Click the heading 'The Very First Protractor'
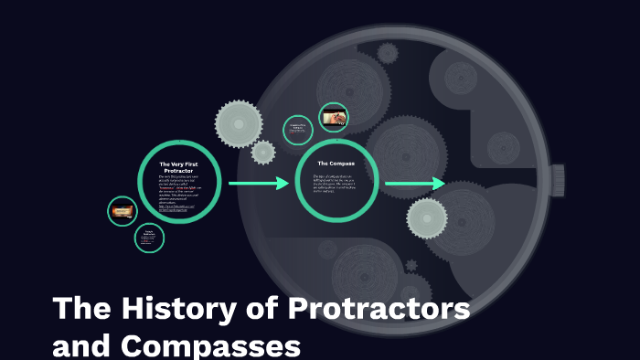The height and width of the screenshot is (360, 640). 179,167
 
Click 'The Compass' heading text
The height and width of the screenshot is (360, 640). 336,163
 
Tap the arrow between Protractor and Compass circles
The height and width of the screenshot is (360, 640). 258,184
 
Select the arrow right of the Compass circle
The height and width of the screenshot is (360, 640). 414,185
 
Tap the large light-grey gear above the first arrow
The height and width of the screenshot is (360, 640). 239,121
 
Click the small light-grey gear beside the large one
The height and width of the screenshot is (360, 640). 263,152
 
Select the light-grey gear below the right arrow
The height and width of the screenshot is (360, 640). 426,218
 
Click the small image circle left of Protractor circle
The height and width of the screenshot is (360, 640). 123,212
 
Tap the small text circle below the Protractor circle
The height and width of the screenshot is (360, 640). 149,238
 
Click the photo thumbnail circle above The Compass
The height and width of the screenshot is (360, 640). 333,117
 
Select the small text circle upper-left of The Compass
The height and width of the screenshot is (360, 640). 297,130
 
